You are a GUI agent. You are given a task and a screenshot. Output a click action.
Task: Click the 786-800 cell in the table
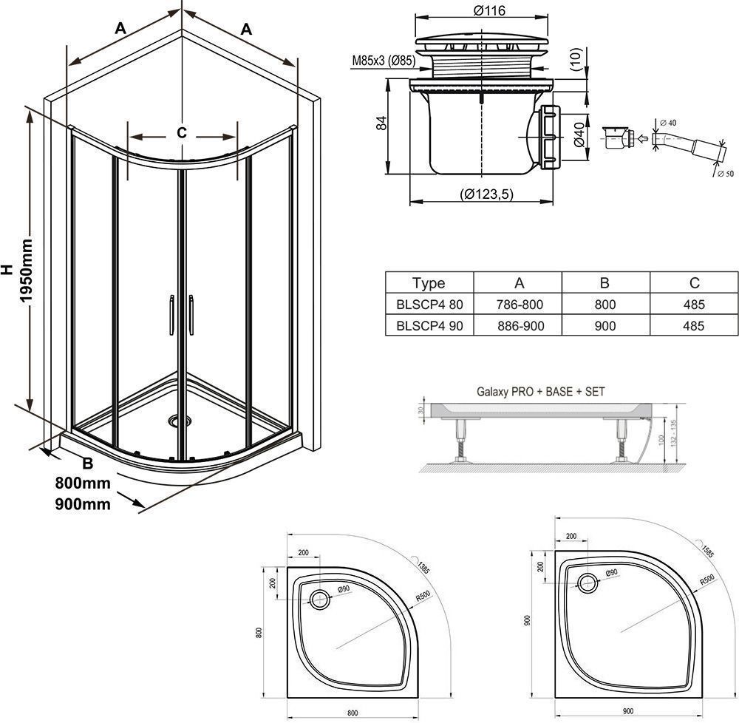coord(519,305)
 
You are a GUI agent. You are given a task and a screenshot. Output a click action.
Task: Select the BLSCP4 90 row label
coord(429,326)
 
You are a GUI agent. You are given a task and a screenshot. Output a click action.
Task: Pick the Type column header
coord(429,283)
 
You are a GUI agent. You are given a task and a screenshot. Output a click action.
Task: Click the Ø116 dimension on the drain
coord(486,11)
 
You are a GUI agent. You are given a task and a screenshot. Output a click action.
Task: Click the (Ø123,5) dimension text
coord(486,194)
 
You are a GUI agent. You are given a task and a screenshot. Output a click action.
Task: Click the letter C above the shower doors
coord(182,133)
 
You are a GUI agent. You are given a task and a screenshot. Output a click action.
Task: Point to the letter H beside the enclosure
coord(7,271)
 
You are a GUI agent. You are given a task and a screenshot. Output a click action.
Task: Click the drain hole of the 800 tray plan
coord(321,599)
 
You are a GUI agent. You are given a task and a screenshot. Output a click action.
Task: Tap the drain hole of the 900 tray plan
coord(589,583)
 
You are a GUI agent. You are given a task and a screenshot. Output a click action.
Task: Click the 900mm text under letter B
coord(83,505)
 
